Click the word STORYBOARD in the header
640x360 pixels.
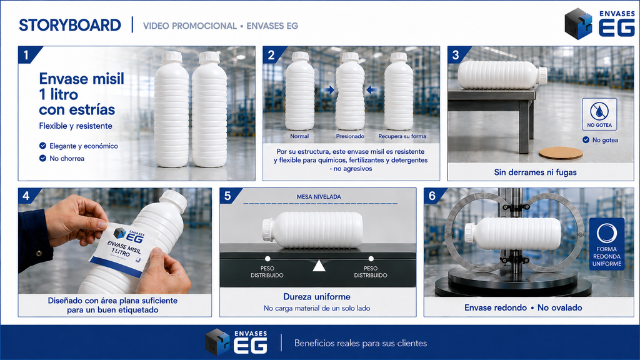[70, 25]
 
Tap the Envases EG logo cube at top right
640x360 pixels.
[579, 24]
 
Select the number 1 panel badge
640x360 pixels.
[26, 55]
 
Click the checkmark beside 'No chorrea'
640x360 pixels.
[42, 158]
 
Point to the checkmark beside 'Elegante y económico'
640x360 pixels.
[42, 146]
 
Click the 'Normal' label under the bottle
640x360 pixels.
[299, 136]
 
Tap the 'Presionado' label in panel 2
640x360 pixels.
[350, 136]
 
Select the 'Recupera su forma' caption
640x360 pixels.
[402, 136]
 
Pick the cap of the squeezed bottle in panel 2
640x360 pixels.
[350, 57]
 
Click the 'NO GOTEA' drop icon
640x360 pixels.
[599, 111]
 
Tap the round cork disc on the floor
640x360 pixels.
[561, 153]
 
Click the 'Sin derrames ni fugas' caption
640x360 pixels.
[535, 172]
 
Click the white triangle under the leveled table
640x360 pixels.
[319, 266]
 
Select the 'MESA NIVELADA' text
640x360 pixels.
[319, 197]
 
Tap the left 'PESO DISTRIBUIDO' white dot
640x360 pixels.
[267, 259]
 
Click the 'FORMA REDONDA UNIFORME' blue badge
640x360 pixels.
[607, 244]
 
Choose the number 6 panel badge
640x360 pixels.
[433, 196]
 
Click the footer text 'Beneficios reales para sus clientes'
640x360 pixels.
[361, 343]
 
